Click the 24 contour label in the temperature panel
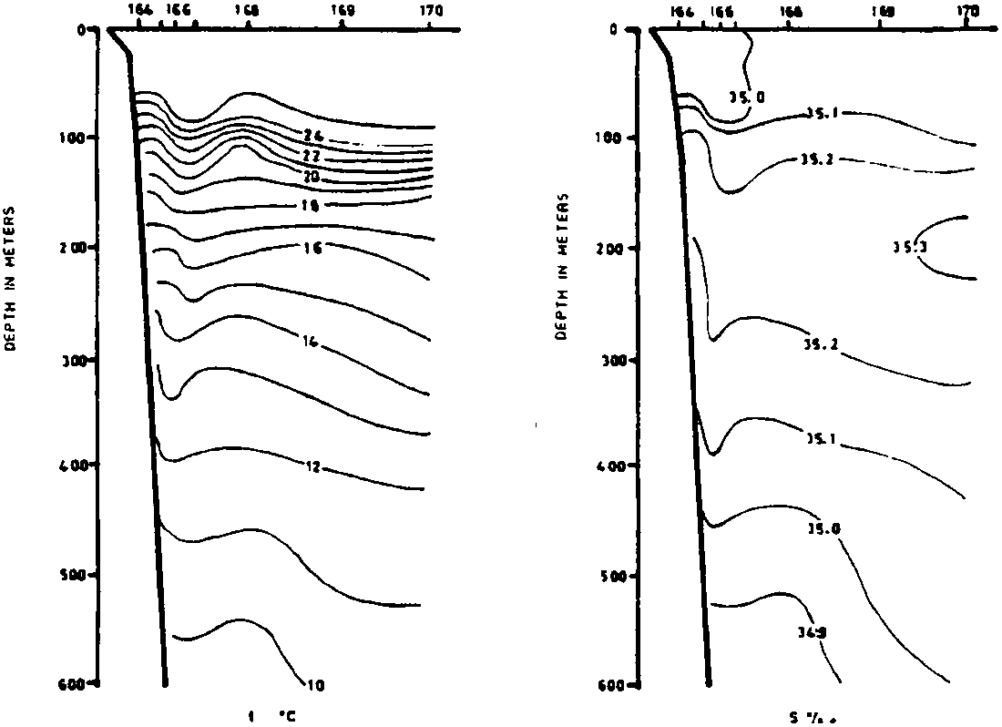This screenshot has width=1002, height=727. (x=313, y=135)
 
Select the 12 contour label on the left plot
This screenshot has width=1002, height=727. (x=312, y=467)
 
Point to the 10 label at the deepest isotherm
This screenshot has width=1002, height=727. (x=314, y=685)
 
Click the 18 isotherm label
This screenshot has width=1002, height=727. (x=309, y=206)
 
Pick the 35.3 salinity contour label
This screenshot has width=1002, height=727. (x=909, y=246)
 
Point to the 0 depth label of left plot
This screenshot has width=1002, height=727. (x=80, y=29)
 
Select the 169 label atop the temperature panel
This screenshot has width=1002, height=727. (x=342, y=11)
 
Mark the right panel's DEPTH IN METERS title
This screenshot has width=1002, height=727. (x=562, y=266)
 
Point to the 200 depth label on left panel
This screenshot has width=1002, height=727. (x=72, y=248)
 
